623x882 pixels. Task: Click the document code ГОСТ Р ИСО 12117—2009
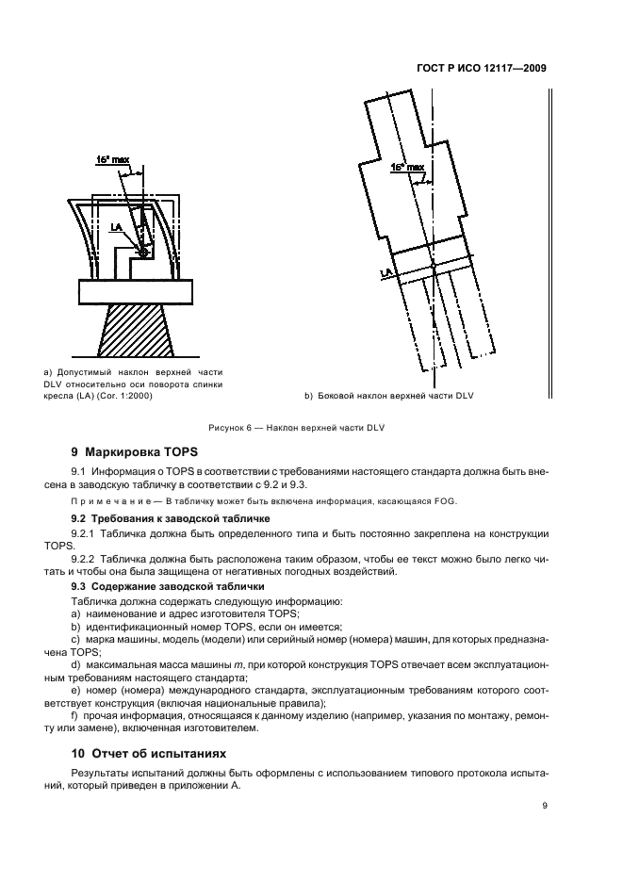point(480,69)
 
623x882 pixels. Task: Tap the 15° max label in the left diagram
point(112,161)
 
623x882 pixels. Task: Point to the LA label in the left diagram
point(115,227)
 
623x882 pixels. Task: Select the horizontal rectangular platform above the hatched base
point(139,292)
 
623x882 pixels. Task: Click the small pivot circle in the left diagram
point(142,253)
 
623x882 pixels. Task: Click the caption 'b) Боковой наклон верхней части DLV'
point(388,396)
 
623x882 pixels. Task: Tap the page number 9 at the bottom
point(545,807)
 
